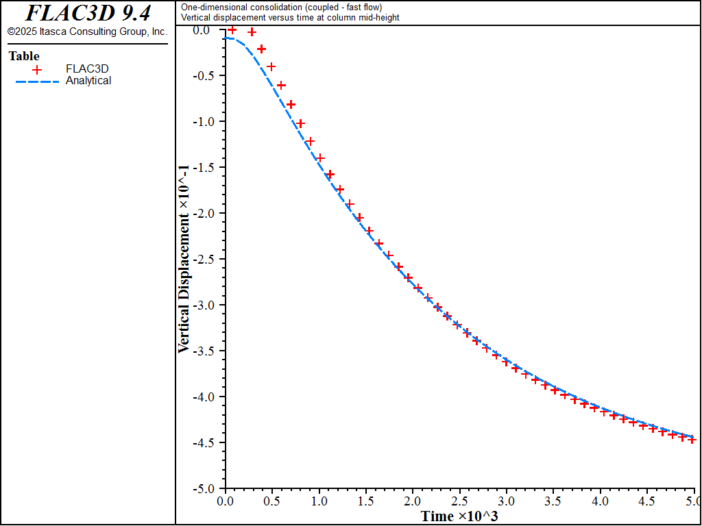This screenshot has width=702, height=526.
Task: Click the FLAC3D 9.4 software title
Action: (88, 13)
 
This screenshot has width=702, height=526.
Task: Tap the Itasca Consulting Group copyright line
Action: (87, 32)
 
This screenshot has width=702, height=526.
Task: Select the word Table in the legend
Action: (24, 56)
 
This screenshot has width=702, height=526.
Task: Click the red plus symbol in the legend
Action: (37, 68)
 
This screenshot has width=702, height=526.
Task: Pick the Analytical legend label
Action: (88, 81)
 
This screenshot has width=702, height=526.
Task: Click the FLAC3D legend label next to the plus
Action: (87, 68)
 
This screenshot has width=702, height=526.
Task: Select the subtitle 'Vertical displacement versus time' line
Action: (290, 18)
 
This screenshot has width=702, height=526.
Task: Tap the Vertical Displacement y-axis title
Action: (184, 258)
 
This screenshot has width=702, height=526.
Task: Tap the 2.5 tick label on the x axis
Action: (459, 501)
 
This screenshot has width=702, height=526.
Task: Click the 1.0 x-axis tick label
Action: (319, 501)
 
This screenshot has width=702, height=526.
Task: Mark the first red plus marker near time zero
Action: (232, 29)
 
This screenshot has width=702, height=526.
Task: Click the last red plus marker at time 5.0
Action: (692, 440)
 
